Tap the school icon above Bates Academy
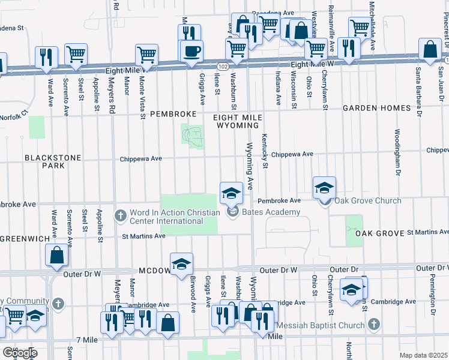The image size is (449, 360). click(x=231, y=193)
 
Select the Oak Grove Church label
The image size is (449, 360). click(x=367, y=200)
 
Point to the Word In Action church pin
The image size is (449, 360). click(x=120, y=214)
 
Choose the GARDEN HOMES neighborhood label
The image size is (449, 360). click(x=376, y=109)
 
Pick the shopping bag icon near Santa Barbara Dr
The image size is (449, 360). click(x=430, y=51)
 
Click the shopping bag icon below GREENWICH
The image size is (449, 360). click(x=56, y=255)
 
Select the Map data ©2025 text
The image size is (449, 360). click(x=423, y=355)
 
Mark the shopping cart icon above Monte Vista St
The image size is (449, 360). click(x=146, y=55)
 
